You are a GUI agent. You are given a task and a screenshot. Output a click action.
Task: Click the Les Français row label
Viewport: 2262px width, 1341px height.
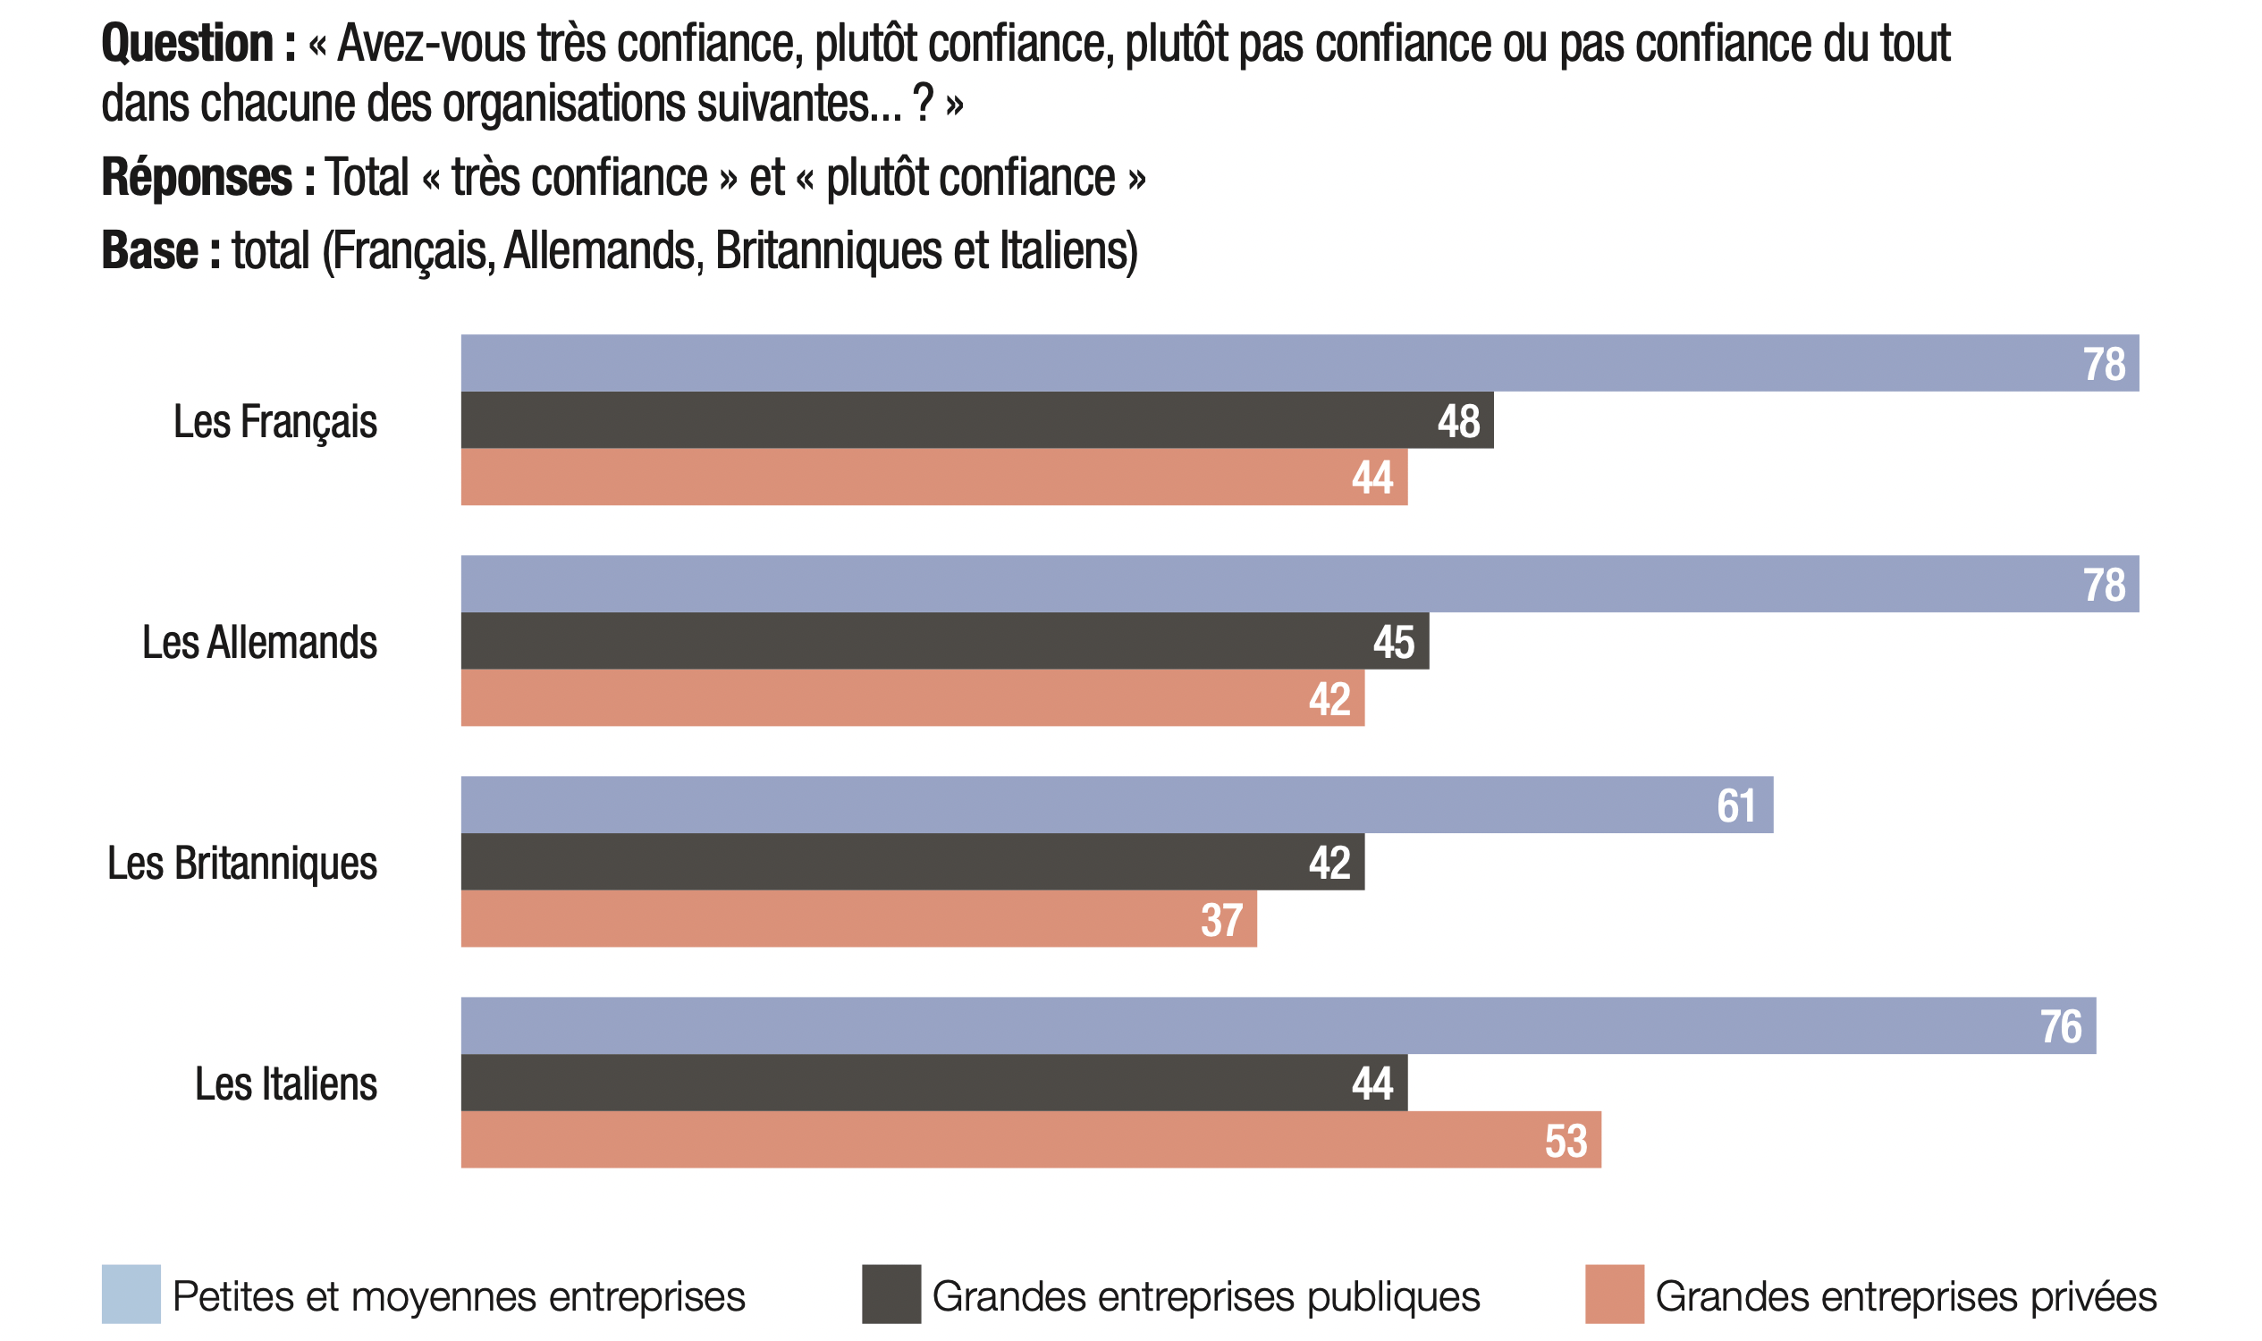click(x=274, y=421)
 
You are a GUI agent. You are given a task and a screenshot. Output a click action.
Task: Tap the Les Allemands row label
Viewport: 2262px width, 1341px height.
click(x=259, y=643)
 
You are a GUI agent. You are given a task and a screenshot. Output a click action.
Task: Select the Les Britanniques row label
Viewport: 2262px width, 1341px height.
click(x=242, y=863)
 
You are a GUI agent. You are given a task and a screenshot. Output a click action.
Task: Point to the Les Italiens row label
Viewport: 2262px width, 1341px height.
click(x=285, y=1084)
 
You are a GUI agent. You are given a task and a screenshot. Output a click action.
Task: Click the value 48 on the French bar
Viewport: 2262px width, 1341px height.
click(x=1457, y=421)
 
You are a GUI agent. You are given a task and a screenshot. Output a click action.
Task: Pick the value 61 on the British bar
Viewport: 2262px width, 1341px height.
click(x=1735, y=805)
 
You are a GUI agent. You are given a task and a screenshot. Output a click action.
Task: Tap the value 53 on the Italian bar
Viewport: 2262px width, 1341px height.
click(x=1566, y=1141)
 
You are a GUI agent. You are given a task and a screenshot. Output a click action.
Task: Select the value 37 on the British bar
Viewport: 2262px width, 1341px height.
click(x=1221, y=920)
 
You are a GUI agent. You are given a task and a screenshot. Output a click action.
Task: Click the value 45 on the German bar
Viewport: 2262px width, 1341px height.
click(x=1394, y=643)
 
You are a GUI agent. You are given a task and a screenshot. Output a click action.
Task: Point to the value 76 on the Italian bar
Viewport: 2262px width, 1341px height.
click(x=2061, y=1026)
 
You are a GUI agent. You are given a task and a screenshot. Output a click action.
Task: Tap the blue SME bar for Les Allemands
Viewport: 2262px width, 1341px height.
click(x=1265, y=584)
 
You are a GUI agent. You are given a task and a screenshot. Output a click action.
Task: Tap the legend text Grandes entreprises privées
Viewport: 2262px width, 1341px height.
click(x=1905, y=1295)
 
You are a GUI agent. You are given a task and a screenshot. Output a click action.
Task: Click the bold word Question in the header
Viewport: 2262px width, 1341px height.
click(x=187, y=44)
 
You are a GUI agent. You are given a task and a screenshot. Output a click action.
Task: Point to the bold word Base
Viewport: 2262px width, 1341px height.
click(x=150, y=250)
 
